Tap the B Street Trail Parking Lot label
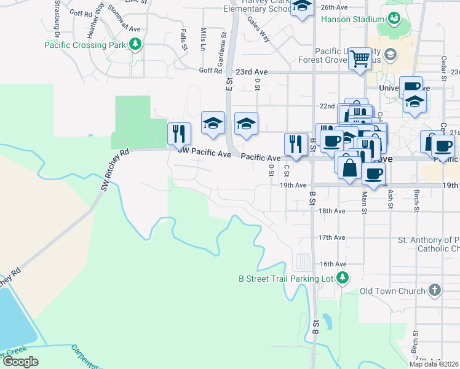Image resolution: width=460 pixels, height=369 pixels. coord(285,279)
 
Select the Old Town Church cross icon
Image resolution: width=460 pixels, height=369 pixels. coord(434,290)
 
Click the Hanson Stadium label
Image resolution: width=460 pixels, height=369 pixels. coord(352,19)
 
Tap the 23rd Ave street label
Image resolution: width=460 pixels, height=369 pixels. coord(253,71)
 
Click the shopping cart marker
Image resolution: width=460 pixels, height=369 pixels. coord(360,60)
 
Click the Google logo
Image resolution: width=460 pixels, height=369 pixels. coord(20,361)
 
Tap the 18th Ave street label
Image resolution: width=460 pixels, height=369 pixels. coord(331,210)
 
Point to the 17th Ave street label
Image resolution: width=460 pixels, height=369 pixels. coord(331,237)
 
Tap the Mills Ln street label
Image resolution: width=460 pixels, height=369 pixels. coord(203,38)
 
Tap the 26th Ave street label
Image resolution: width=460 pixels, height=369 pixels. coord(335,7)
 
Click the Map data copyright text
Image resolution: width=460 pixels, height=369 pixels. coord(434,364)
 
